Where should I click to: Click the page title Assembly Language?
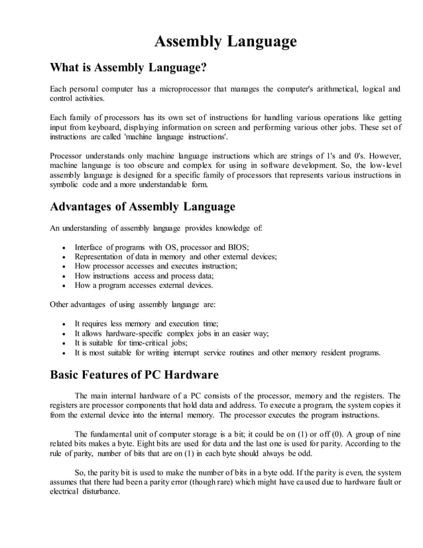click(225, 42)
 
